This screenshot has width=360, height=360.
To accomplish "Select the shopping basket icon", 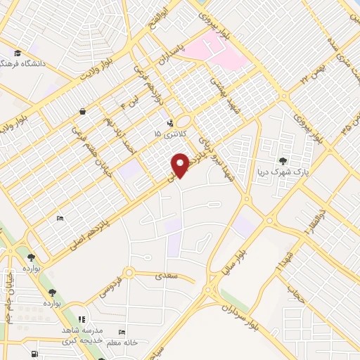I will [x=83, y=111].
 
